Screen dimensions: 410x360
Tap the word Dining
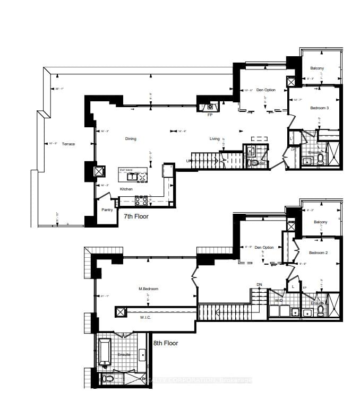131,139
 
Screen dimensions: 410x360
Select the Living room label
215,139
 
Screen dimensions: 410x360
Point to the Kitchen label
126,189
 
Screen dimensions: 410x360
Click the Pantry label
108,210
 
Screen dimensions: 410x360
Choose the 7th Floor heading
136,216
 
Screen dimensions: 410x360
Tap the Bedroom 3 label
320,108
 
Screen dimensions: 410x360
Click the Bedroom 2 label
318,253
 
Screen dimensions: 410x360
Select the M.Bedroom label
149,289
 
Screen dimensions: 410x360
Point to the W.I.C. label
147,317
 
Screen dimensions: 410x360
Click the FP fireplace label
210,115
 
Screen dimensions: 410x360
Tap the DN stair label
259,285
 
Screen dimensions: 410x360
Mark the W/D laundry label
278,301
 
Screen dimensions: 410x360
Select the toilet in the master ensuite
107,379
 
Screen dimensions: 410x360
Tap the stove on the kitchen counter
142,200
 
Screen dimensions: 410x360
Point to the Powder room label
259,163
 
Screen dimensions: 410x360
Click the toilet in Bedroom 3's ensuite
320,161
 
